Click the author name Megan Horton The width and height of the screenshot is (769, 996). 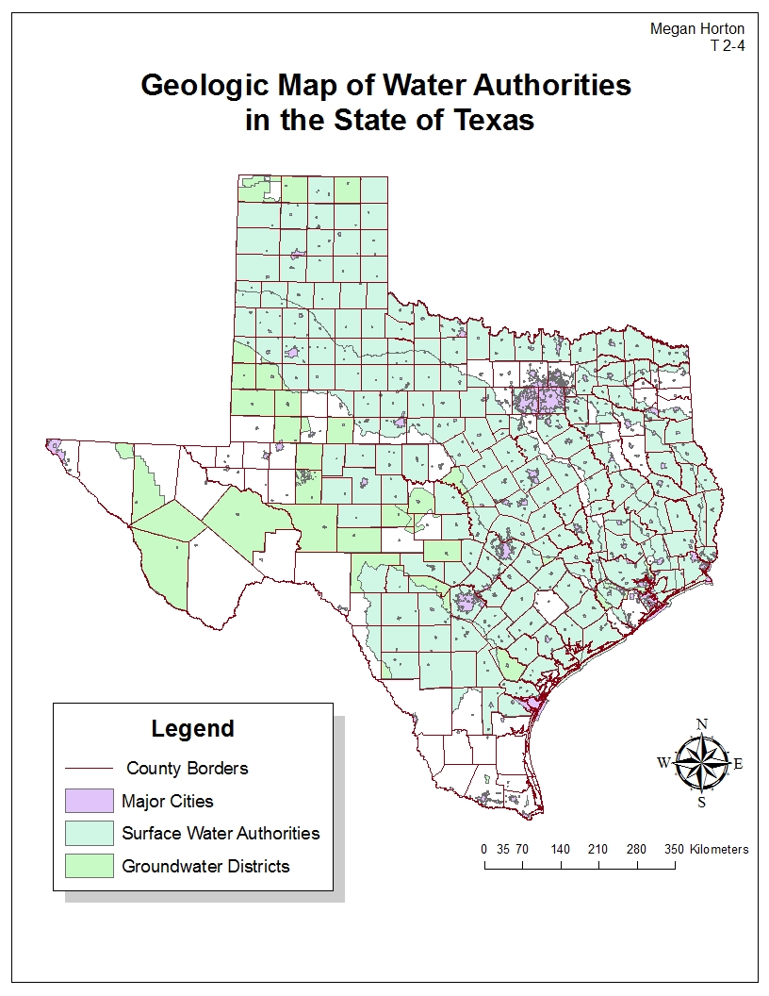tap(696, 29)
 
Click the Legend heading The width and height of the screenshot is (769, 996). tap(192, 728)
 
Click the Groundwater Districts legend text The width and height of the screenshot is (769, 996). tap(205, 866)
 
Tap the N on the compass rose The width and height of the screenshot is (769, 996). tap(701, 724)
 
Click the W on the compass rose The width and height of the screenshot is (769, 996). tap(663, 763)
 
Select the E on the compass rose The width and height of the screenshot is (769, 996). tap(738, 764)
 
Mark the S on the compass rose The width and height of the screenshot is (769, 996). tap(701, 803)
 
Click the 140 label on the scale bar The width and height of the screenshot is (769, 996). tap(561, 849)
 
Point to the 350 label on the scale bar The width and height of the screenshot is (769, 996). tap(675, 849)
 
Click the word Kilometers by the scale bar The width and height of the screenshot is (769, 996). tap(719, 849)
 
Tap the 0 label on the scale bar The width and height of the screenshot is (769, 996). tap(484, 849)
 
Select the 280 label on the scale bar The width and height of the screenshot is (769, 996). tap(636, 849)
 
